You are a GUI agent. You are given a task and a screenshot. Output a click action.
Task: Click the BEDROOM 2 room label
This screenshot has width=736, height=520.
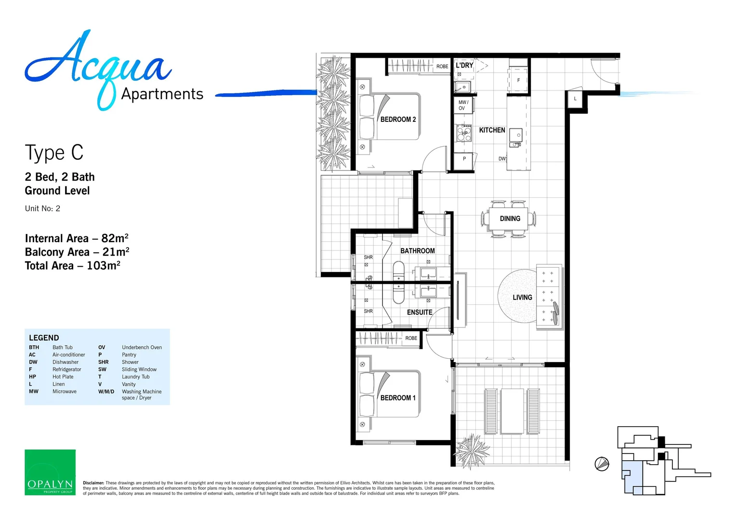click(398, 119)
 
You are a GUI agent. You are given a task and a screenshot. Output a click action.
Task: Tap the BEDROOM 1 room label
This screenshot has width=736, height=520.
click(398, 398)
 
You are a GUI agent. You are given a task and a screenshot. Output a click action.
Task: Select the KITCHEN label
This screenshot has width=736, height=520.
click(492, 130)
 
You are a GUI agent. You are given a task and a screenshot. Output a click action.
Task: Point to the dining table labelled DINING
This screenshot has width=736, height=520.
click(510, 219)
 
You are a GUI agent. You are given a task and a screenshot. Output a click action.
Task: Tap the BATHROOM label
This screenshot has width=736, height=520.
click(417, 251)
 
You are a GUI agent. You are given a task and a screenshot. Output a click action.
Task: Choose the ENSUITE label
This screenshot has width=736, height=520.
click(420, 312)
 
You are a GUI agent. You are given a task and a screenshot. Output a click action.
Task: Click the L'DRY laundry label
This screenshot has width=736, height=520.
click(464, 65)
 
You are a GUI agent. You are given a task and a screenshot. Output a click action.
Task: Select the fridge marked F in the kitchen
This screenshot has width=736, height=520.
click(518, 80)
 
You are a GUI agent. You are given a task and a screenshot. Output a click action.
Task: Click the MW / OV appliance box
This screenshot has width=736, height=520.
click(463, 105)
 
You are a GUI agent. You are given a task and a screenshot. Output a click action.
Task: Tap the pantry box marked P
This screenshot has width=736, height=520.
click(464, 158)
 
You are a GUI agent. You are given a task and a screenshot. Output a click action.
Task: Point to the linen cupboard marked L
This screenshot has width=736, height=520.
click(575, 99)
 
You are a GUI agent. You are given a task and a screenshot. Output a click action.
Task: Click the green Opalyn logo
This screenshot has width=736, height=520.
click(50, 472)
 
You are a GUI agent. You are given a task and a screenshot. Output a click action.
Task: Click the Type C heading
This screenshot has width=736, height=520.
click(54, 153)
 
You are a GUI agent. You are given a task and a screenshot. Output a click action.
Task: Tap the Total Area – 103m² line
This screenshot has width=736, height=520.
click(73, 266)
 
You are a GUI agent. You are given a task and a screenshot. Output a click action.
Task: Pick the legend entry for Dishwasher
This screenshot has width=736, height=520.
click(65, 362)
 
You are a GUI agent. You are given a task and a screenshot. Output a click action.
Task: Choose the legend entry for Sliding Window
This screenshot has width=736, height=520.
click(139, 369)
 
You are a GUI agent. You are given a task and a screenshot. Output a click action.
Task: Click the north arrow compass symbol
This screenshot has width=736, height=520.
click(602, 464)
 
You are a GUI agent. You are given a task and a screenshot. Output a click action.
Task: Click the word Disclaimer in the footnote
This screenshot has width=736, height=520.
click(93, 483)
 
